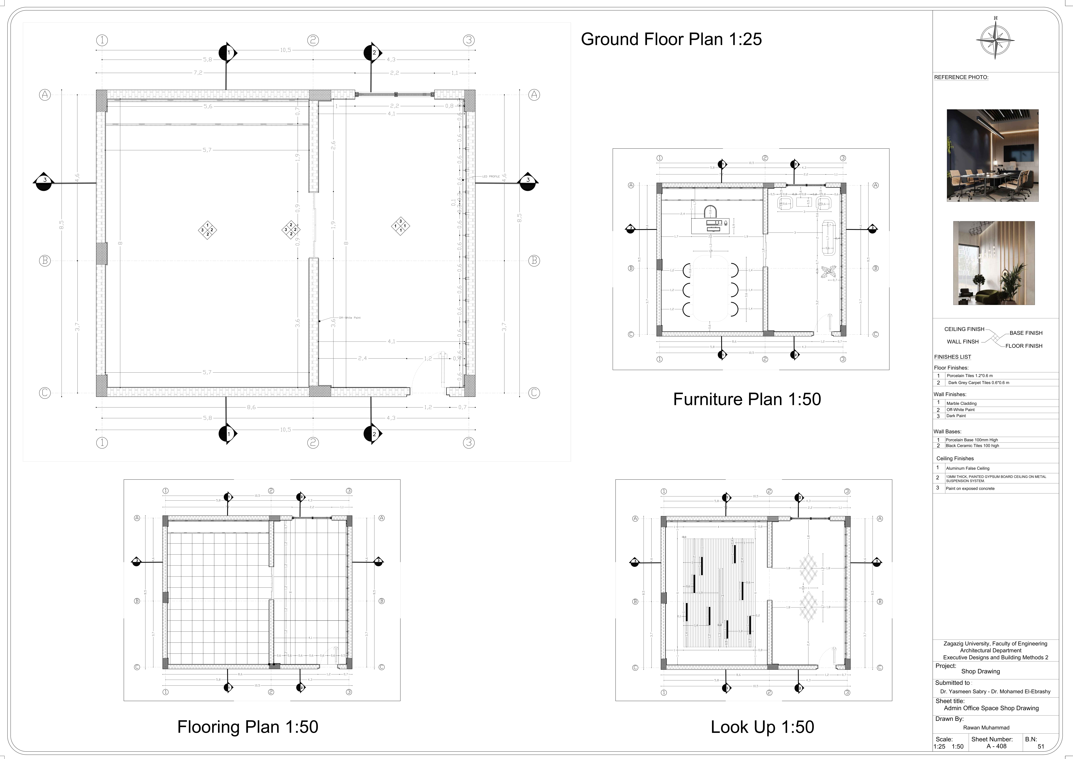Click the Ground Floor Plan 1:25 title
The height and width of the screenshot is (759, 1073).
pos(671,39)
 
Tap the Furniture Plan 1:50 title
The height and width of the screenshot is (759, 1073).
pos(747,399)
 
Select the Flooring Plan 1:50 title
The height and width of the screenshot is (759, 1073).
pos(248,727)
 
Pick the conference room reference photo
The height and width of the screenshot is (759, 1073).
pos(993,156)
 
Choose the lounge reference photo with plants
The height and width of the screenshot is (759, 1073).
pos(994,263)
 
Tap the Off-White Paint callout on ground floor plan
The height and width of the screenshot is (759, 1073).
pos(350,318)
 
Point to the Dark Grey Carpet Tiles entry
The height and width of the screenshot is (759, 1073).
pos(979,383)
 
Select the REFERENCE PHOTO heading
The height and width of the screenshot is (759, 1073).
pos(961,78)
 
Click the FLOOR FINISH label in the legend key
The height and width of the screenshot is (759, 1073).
pos(1023,346)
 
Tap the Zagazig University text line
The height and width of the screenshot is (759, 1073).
pos(995,644)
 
